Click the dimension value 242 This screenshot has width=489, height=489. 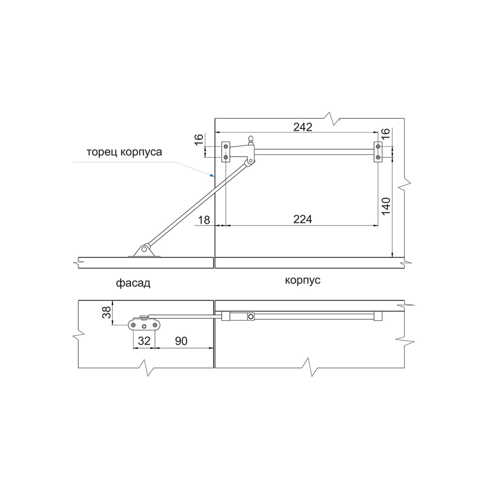tap(303, 127)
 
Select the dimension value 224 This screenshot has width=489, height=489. tap(303, 220)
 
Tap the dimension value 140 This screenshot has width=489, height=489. tap(386, 206)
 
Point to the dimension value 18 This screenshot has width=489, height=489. tap(204, 220)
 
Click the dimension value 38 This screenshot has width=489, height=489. tap(107, 312)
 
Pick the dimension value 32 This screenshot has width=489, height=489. tap(144, 341)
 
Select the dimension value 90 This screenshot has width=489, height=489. tap(181, 341)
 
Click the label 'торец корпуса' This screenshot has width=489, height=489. tap(124, 152)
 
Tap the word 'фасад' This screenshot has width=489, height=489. tap(133, 283)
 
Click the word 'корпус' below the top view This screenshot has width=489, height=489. tap(303, 280)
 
